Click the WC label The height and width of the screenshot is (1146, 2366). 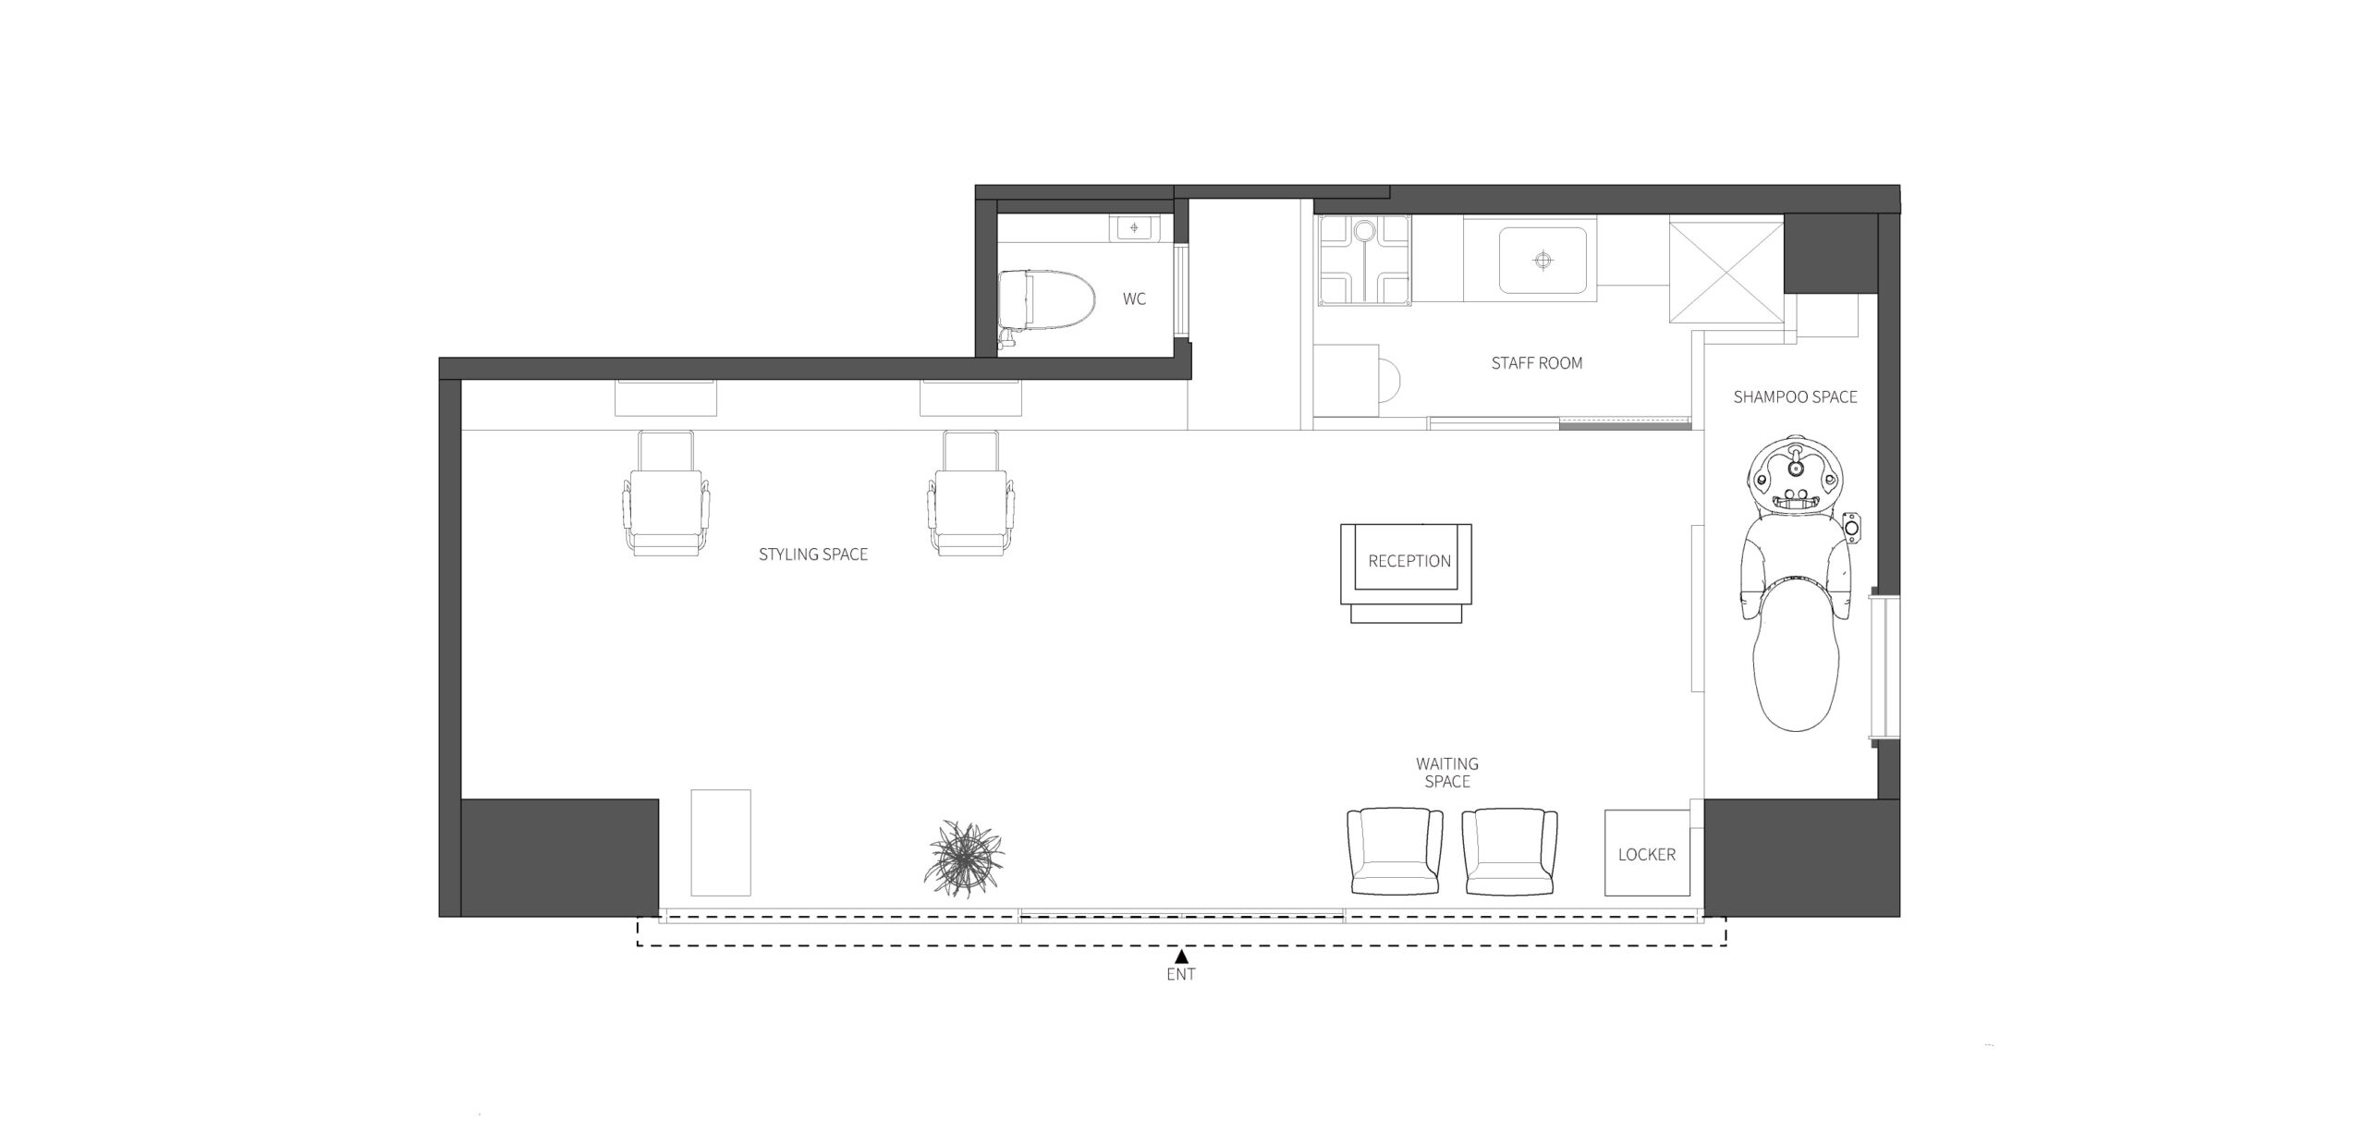coord(1134,299)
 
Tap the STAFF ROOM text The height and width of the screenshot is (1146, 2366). coord(1537,363)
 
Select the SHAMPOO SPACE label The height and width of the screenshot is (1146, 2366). coord(1795,397)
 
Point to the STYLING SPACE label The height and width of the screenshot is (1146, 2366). coord(813,555)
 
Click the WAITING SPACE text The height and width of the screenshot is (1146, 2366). coord(1447,773)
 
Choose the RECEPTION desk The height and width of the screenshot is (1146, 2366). coord(1406,573)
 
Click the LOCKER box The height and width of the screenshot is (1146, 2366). coord(1647,852)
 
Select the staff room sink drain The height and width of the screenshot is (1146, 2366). coord(1543,261)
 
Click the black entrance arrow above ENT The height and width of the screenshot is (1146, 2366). coord(1181,957)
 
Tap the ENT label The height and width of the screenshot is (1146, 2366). coord(1181,974)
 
